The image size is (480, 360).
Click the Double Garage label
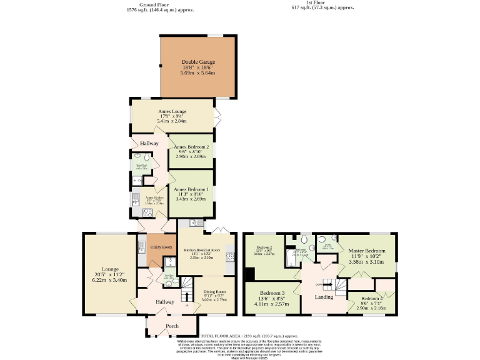coord(197,62)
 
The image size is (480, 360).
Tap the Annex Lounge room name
coord(172,111)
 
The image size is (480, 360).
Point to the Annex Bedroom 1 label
coord(191,189)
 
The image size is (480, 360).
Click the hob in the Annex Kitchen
coord(136,199)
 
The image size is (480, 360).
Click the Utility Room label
coord(161,247)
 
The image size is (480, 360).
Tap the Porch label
coord(172,326)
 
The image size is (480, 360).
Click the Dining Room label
coord(214,291)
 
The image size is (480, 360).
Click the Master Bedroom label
coord(367,251)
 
